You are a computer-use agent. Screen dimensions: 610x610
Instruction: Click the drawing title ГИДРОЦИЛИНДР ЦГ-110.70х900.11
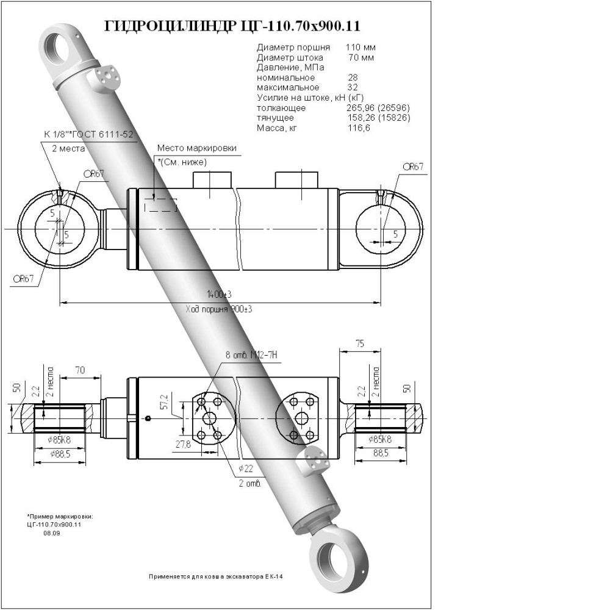232,26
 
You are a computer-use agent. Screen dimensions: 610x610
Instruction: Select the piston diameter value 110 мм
361,47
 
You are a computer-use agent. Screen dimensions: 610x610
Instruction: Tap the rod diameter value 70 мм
361,57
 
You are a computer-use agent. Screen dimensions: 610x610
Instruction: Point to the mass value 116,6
358,128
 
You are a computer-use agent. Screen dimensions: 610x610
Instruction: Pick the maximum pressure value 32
353,87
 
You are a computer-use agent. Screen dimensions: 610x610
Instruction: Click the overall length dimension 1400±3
219,295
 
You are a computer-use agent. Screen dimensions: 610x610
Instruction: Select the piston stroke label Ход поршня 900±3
219,309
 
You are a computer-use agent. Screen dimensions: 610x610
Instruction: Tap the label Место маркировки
196,148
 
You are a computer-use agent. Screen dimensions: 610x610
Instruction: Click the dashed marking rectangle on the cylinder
160,205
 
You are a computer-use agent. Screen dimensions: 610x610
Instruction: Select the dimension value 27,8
183,444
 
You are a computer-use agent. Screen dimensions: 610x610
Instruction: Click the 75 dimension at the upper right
360,344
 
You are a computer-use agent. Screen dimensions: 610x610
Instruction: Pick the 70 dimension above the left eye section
80,370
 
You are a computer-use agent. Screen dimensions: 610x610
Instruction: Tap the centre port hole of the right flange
302,418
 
